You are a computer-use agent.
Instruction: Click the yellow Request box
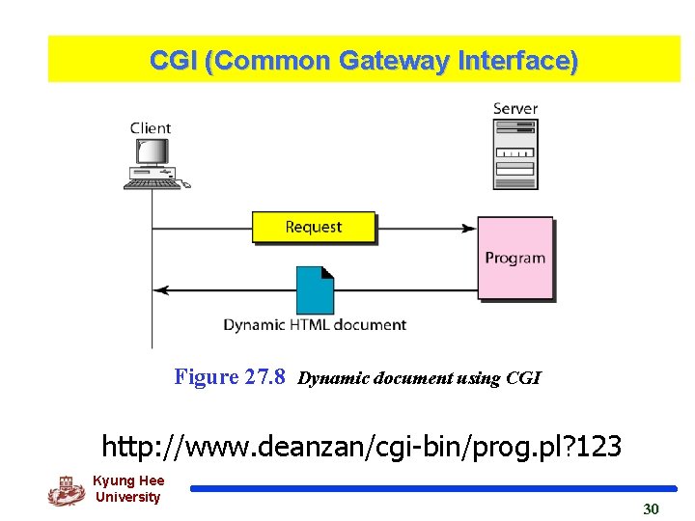(313, 228)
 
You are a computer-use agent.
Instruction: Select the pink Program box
(515, 258)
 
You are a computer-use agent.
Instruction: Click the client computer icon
(154, 163)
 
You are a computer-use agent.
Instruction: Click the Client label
(151, 127)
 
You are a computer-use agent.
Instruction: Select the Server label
(515, 108)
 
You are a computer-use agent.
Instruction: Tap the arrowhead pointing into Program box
(470, 229)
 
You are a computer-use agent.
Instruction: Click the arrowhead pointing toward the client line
(161, 289)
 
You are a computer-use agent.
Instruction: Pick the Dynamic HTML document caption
(315, 325)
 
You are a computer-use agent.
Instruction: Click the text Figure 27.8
(230, 377)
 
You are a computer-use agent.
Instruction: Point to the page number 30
(651, 508)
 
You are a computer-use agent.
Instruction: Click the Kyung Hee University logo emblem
(66, 491)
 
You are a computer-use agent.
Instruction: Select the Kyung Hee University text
(128, 489)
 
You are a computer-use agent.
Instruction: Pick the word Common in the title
(274, 61)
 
